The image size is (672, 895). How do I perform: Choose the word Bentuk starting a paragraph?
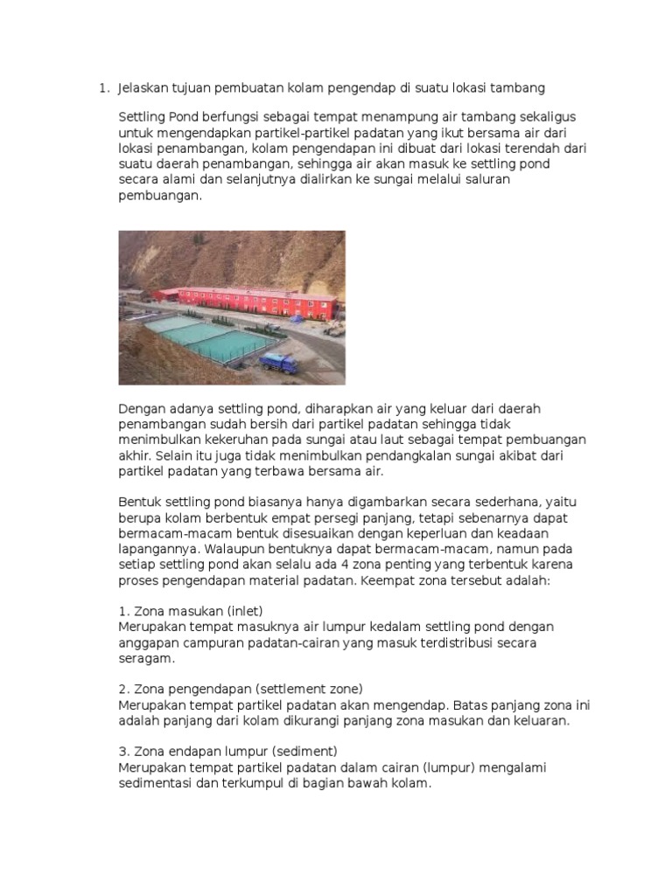[138, 502]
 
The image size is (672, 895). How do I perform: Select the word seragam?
[147, 658]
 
